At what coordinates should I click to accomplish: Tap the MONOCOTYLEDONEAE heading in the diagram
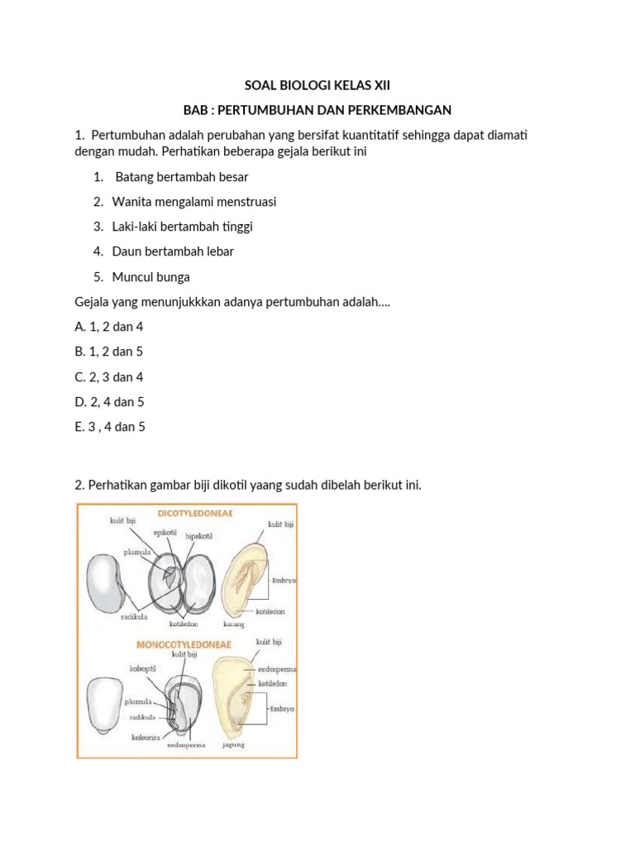point(184,643)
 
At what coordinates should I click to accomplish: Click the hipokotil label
point(200,538)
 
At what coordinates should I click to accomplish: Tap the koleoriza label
point(144,735)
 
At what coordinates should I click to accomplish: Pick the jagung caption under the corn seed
point(233,744)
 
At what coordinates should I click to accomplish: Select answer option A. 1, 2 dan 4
point(108,327)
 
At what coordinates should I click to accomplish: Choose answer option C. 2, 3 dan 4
point(108,376)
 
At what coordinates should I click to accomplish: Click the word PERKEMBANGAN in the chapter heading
point(394,109)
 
